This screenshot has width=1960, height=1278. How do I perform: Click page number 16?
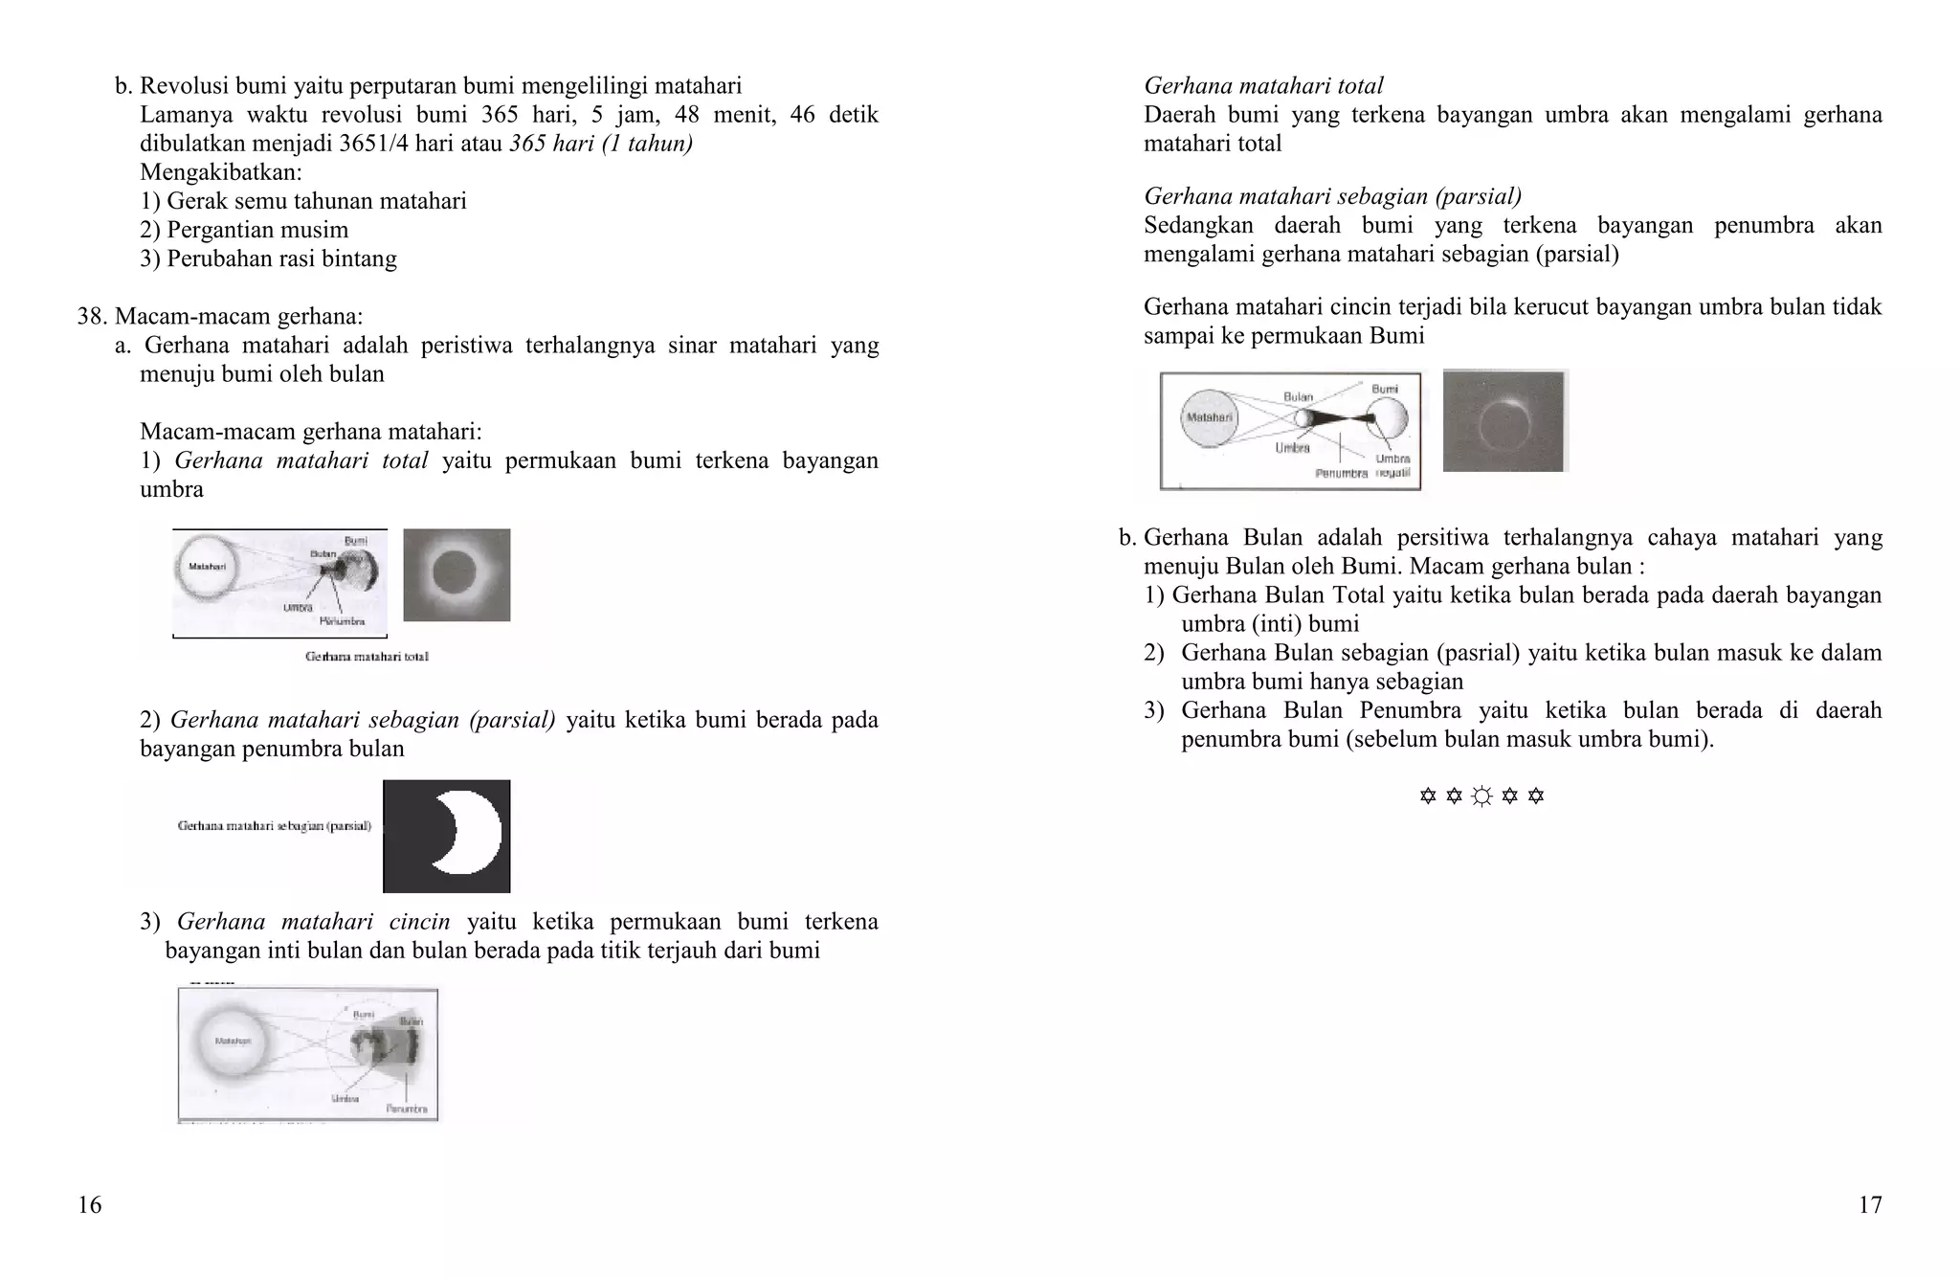[x=89, y=1204]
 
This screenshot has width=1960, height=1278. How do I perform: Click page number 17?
[x=1869, y=1204]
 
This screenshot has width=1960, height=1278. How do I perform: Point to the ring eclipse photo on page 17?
[x=1504, y=421]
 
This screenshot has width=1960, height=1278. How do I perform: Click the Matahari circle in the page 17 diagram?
[x=1209, y=417]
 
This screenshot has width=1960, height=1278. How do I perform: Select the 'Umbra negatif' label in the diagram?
[x=1392, y=465]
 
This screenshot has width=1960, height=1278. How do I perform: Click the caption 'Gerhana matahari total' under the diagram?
[x=367, y=657]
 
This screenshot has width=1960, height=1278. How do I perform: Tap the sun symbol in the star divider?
[x=1481, y=796]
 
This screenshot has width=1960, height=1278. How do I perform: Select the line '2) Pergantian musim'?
[x=244, y=230]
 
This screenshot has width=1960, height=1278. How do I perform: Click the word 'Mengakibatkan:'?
[x=221, y=172]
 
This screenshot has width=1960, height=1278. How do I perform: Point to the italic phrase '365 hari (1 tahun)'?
[x=601, y=144]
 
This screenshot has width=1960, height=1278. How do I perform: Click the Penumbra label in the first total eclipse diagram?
[x=342, y=621]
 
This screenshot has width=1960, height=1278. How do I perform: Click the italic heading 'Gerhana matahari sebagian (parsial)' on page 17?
[x=1332, y=196]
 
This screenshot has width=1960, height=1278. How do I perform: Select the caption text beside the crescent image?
[x=274, y=825]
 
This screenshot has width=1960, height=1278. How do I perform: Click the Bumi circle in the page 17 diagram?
[x=1388, y=417]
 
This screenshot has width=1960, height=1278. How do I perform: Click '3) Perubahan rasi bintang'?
[x=268, y=258]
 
